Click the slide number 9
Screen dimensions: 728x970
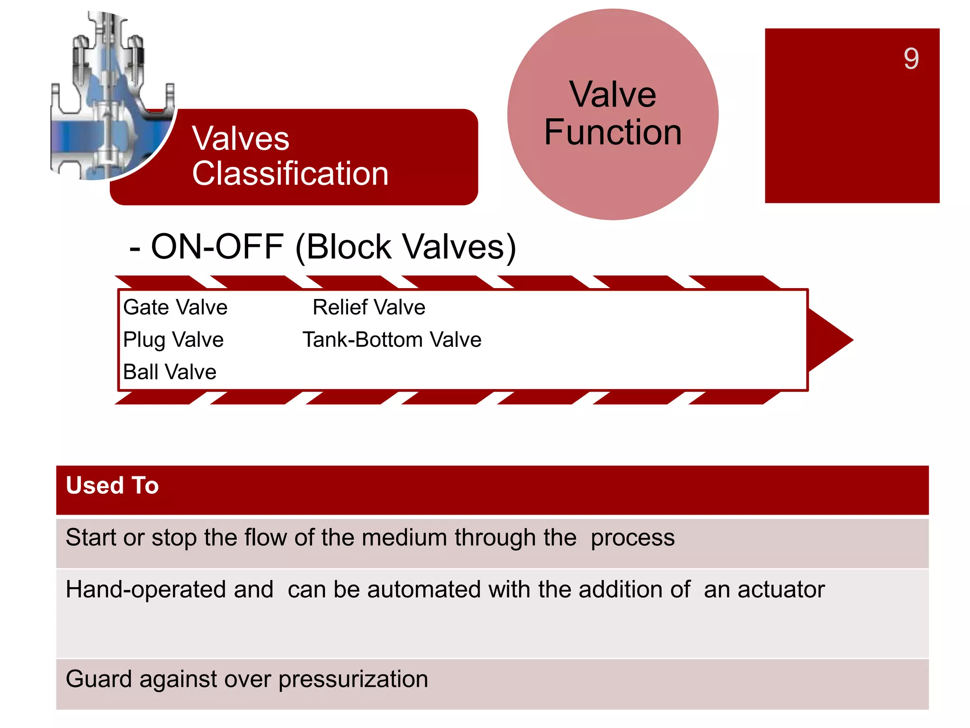point(911,59)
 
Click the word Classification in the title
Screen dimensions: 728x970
point(290,173)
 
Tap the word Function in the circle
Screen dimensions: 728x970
point(613,132)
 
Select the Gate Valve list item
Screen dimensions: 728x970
point(175,307)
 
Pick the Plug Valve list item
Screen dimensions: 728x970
point(173,340)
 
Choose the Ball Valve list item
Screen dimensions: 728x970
point(170,372)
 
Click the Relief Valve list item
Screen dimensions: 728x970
point(369,307)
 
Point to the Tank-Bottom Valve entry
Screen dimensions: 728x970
point(392,340)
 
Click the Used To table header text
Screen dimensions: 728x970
point(112,485)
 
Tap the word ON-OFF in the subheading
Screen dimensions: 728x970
point(217,247)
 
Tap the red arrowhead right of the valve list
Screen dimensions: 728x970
point(829,340)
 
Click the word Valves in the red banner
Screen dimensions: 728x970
point(240,139)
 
